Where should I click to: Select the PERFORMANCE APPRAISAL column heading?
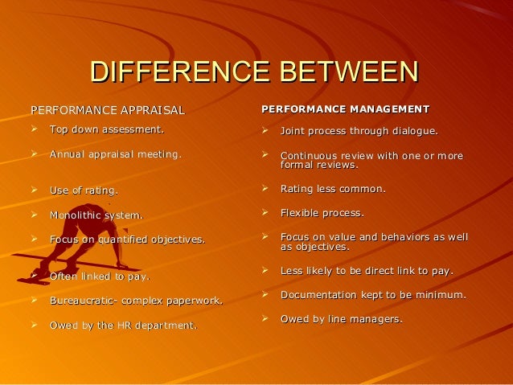point(107,110)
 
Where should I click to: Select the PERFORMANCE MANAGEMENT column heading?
point(346,109)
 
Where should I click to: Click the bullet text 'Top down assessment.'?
point(106,129)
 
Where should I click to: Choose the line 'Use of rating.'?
point(84,190)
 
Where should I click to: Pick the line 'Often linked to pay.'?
point(100,276)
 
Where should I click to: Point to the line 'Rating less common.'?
point(333,190)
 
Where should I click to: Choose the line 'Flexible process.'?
point(322,214)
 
